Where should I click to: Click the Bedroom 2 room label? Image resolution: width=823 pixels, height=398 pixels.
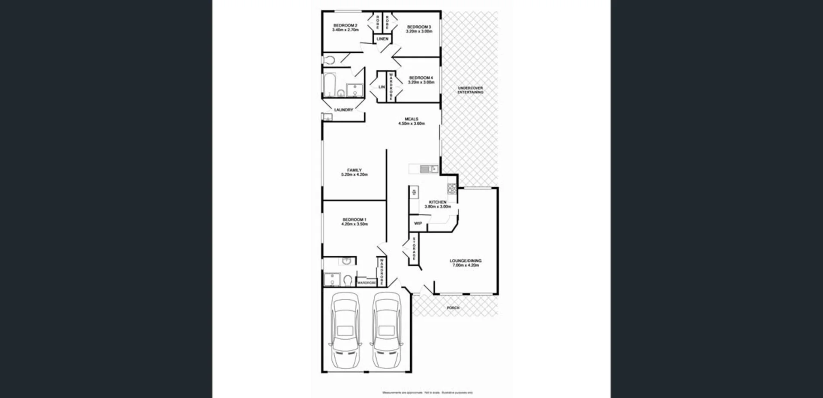pos(345,26)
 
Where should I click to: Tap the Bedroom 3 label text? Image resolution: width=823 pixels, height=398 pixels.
pos(419,27)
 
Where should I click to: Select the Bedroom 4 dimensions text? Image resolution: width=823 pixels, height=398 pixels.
pos(421,82)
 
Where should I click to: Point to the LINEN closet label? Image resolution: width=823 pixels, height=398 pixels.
pos(382,39)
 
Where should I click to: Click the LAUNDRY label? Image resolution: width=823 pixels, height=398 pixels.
pos(343,110)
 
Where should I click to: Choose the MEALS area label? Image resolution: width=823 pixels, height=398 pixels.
pos(411,119)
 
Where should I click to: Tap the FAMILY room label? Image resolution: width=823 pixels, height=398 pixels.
pos(354,170)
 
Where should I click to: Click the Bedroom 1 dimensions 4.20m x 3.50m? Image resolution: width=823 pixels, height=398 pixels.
pos(354,224)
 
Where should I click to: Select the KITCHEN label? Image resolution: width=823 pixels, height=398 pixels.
pos(438,202)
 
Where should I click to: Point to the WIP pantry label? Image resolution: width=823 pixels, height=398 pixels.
pos(418,224)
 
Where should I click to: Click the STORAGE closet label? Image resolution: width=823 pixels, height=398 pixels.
pos(414,249)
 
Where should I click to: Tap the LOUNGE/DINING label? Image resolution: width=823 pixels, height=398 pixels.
pos(466,260)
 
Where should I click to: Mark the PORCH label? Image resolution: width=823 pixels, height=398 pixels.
pos(453,308)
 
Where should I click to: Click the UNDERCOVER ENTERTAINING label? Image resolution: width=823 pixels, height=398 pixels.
pos(470,90)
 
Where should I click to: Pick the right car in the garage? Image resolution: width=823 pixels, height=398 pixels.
pos(386,330)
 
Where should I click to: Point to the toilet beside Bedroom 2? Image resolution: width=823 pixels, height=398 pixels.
pos(328,60)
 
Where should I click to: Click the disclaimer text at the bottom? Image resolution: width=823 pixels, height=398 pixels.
pos(427,392)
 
